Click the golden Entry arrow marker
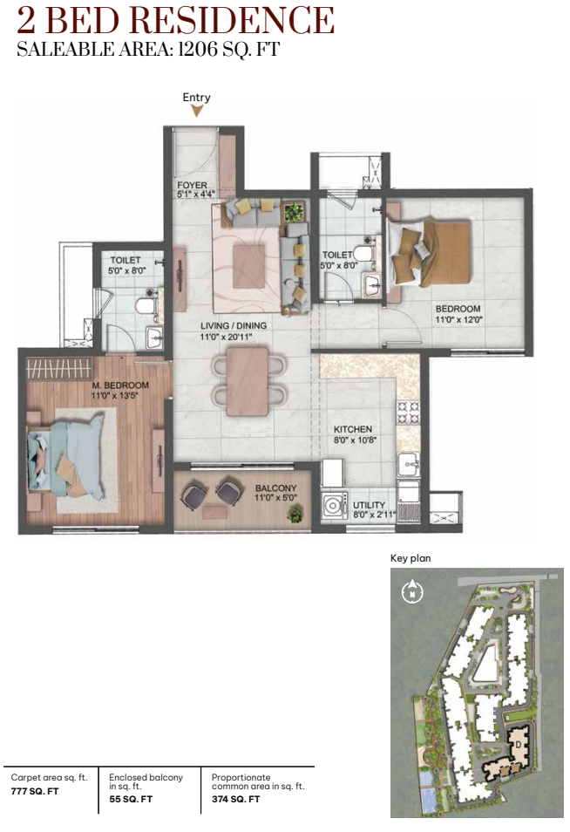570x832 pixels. tap(197, 111)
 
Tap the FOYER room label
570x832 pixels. tap(193, 185)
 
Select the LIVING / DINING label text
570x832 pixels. tap(234, 326)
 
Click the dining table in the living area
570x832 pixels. tap(248, 381)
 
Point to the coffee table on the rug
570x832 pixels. tap(248, 266)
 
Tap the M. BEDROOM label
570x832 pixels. tap(120, 385)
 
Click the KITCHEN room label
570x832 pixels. tap(353, 429)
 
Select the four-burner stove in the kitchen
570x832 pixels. tap(408, 413)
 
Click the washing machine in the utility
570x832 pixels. tap(334, 505)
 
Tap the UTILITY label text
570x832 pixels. tap(369, 505)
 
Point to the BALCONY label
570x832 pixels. tap(275, 488)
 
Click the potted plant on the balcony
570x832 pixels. tap(295, 514)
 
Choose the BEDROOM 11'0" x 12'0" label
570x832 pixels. tap(458, 314)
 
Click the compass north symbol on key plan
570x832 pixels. tap(412, 591)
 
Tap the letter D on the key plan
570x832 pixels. tap(518, 744)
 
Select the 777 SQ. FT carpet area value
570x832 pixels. tap(35, 791)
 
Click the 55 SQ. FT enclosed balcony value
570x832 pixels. tap(131, 799)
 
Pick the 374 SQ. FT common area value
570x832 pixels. tap(235, 799)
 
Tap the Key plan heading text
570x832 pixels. tap(411, 558)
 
